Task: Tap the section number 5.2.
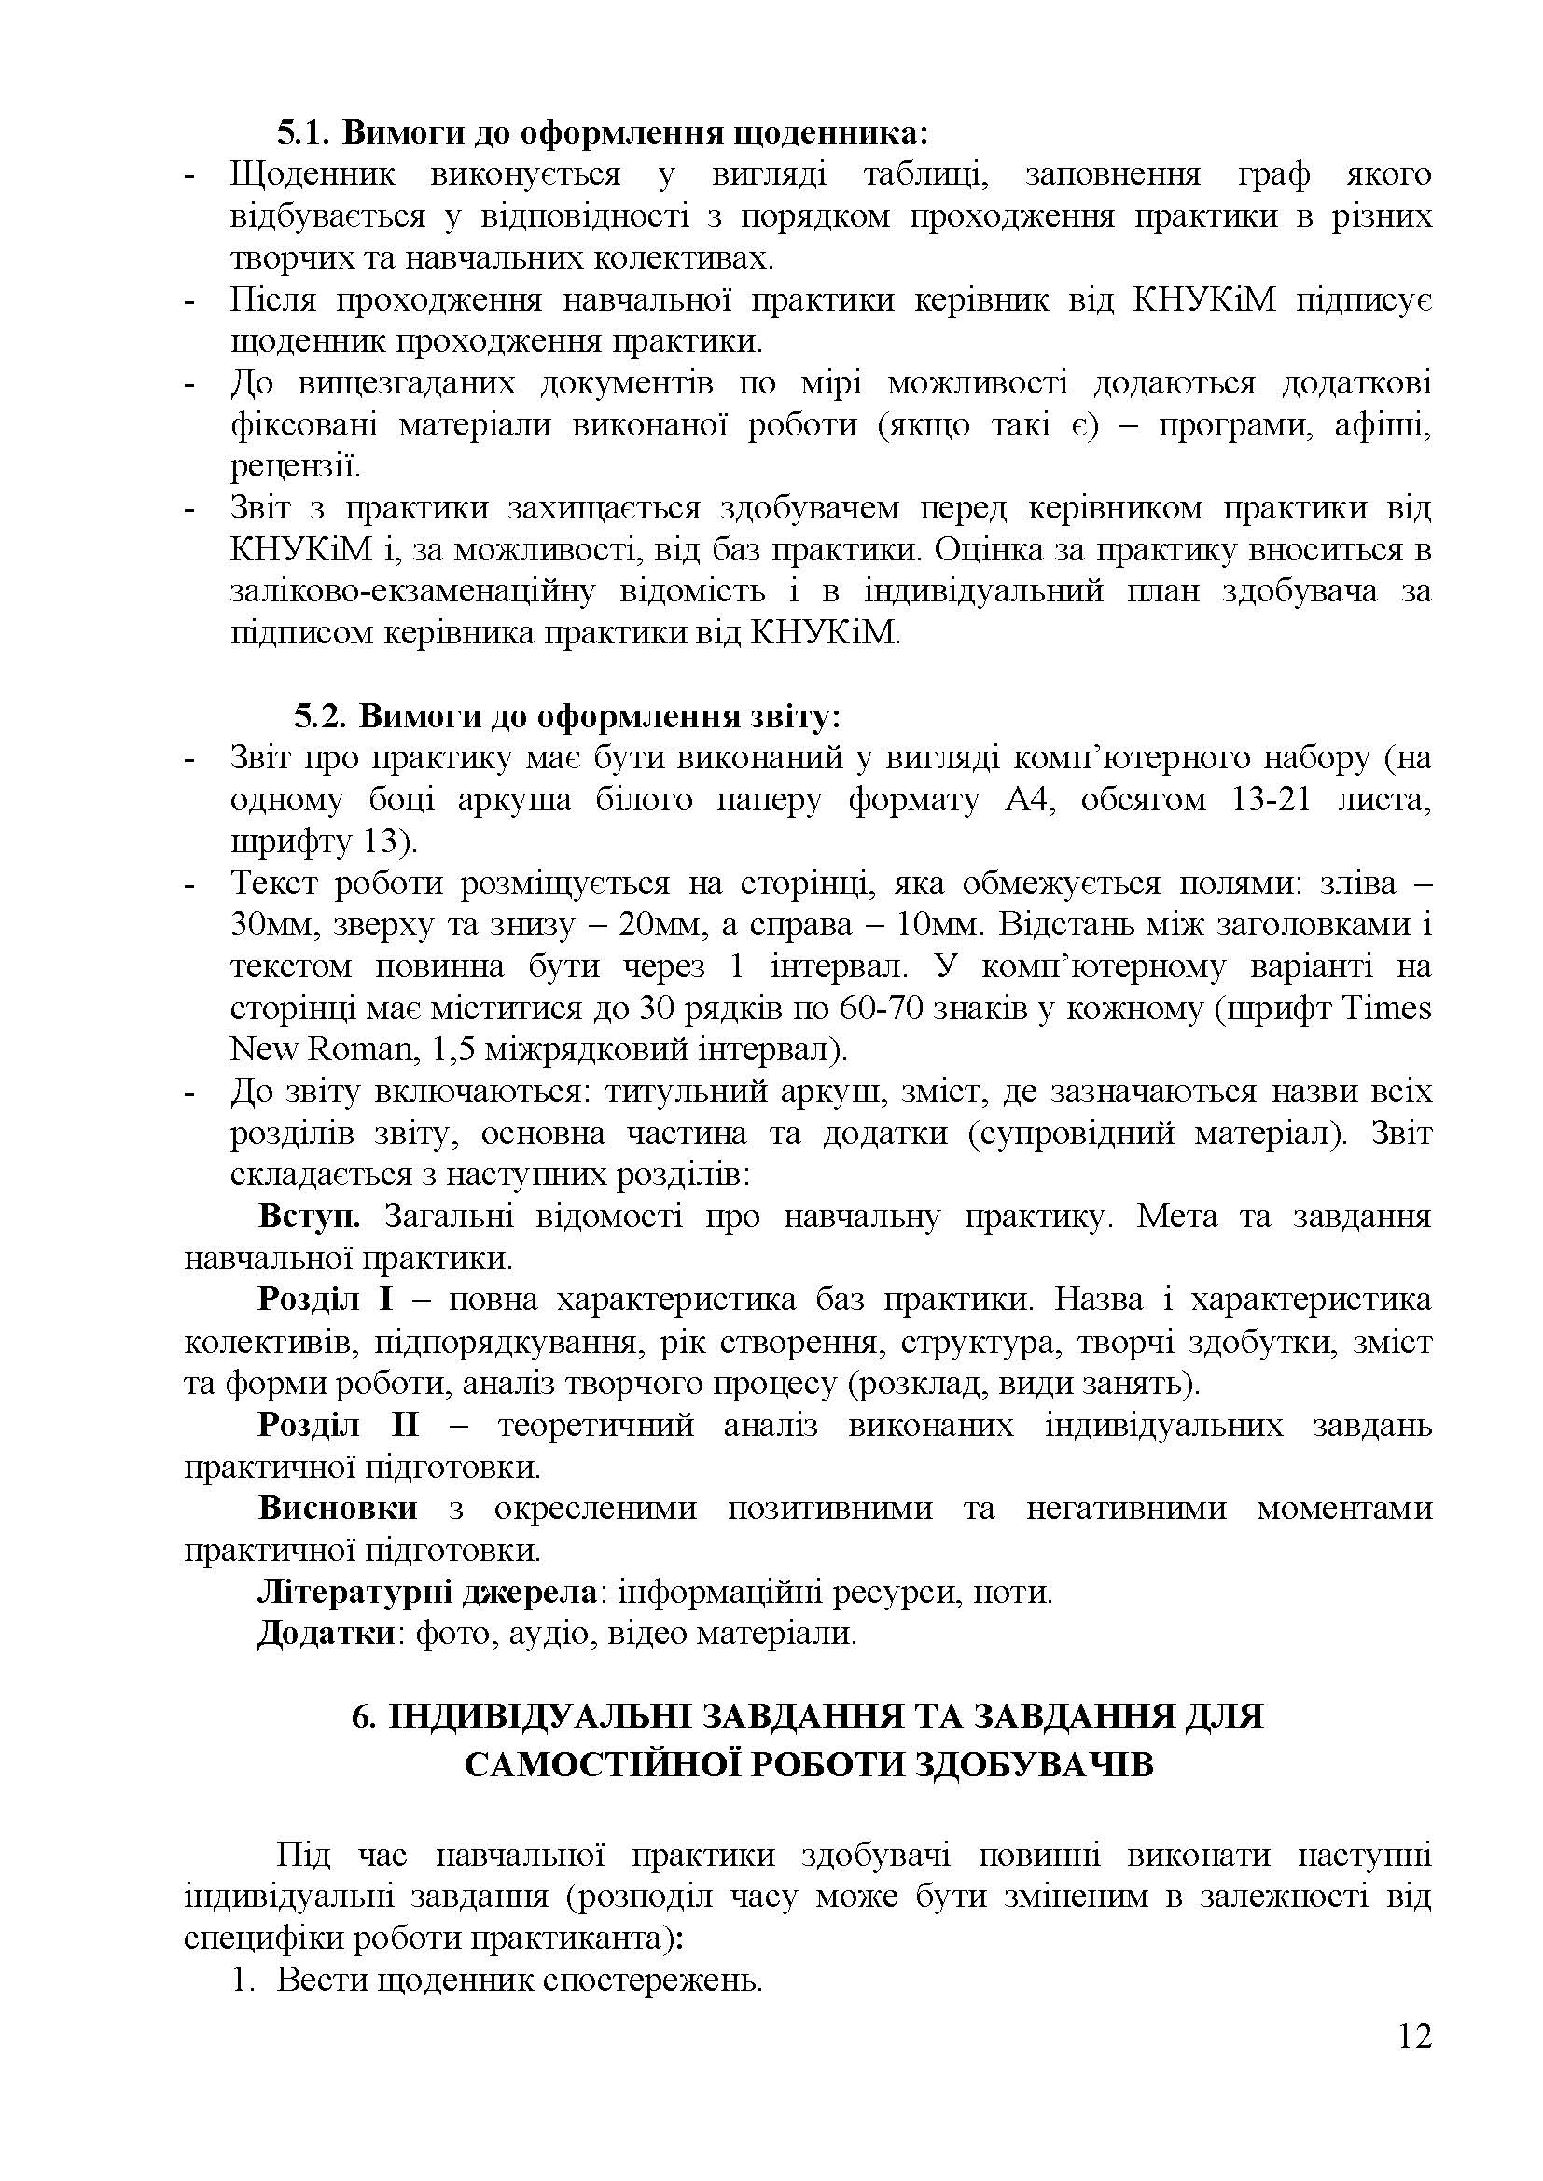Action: coord(320,715)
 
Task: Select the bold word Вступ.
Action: coord(308,1217)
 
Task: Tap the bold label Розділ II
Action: coord(339,1425)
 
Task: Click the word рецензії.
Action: coord(281,466)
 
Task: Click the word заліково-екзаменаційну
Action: coord(411,591)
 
